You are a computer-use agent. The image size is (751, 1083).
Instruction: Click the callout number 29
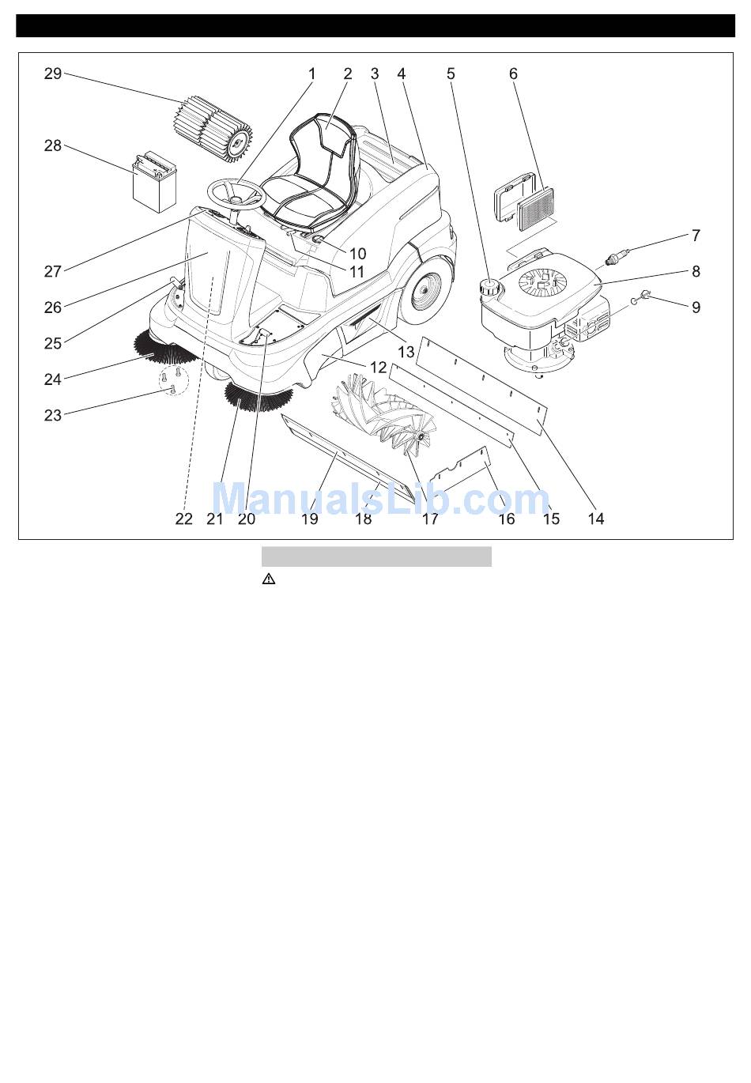coord(53,74)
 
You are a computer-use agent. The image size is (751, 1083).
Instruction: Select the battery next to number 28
coord(155,183)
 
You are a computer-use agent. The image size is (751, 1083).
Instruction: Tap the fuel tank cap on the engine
coord(490,286)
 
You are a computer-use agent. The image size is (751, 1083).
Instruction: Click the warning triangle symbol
coord(269,579)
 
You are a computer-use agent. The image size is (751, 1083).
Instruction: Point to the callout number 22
coord(183,519)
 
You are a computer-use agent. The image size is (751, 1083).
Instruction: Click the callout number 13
coord(406,352)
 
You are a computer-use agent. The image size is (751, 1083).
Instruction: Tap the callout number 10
coord(358,253)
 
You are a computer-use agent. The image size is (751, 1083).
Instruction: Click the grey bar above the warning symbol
coord(377,557)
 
